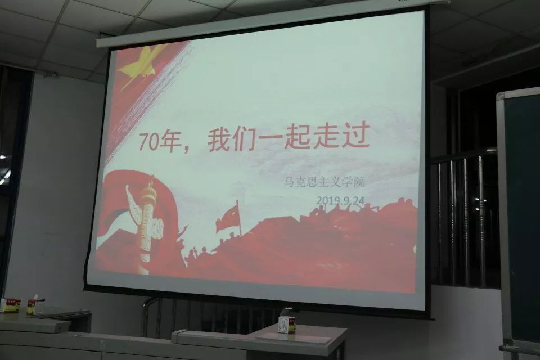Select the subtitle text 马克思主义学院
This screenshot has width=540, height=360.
[325, 182]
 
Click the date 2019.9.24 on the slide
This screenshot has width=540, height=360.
[340, 200]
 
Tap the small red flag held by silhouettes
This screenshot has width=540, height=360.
[228, 218]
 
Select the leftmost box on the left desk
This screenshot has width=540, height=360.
[10, 305]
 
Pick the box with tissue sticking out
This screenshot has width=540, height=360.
[36, 305]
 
